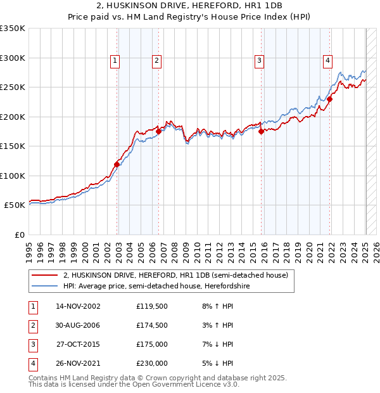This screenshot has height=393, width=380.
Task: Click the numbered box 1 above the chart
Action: click(x=115, y=61)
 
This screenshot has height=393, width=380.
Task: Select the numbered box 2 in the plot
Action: click(x=156, y=61)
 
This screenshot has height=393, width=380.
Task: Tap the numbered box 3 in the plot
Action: click(x=260, y=61)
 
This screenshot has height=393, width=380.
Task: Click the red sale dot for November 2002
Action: click(x=117, y=164)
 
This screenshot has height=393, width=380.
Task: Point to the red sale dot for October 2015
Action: click(x=262, y=131)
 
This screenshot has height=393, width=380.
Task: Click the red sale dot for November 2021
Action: click(x=330, y=99)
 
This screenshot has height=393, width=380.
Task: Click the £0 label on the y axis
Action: click(x=20, y=235)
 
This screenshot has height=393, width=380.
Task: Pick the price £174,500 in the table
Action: click(x=152, y=326)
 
